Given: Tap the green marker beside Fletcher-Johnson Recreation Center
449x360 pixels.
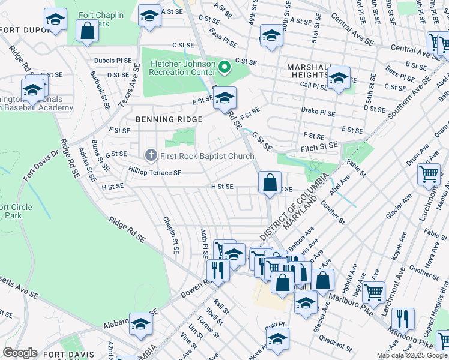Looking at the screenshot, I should pyautogui.click(x=224, y=67).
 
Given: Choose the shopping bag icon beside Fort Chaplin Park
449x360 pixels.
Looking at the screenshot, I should pyautogui.click(x=87, y=32).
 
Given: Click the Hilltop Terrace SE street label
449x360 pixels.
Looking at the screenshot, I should pyautogui.click(x=155, y=173).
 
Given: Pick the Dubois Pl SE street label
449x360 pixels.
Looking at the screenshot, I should pyautogui.click(x=112, y=61).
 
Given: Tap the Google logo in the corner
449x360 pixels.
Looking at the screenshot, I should pyautogui.click(x=20, y=353).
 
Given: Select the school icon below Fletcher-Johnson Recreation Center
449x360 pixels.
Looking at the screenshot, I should pyautogui.click(x=225, y=98).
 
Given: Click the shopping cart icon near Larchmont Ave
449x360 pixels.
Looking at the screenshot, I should pyautogui.click(x=429, y=174).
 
